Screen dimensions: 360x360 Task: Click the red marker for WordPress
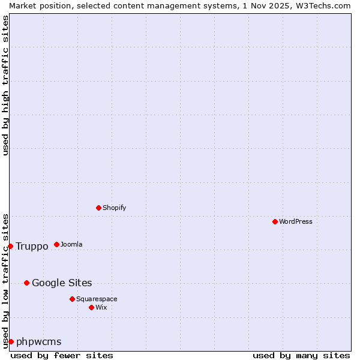click(275, 221)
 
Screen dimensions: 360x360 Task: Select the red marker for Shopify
click(98, 208)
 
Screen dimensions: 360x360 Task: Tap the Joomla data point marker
click(56, 244)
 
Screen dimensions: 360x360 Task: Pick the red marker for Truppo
click(10, 246)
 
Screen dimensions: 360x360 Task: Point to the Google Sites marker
click(26, 283)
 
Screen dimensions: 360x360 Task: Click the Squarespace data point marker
click(72, 299)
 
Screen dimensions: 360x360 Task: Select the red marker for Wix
click(91, 307)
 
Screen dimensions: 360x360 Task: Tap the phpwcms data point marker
click(11, 341)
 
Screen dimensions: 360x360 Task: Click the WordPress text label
click(295, 221)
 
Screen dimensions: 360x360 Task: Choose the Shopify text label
click(114, 208)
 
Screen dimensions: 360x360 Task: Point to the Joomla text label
click(71, 244)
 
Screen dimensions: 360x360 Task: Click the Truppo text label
click(32, 246)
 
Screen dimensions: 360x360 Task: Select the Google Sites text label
click(62, 283)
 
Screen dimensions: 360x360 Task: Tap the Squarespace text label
click(97, 299)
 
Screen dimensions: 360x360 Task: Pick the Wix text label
click(101, 307)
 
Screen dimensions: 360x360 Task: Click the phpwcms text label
click(39, 341)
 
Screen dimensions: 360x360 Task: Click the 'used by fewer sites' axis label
click(62, 355)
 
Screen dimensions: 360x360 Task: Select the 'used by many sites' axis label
click(301, 355)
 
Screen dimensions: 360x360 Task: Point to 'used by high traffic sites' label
click(5, 85)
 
